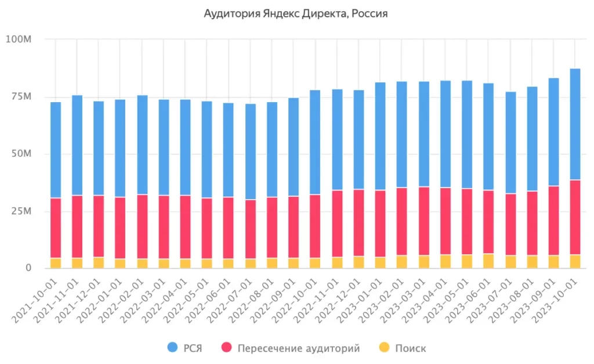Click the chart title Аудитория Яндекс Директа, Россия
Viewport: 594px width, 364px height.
(296, 13)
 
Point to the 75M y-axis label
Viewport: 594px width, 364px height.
(19, 96)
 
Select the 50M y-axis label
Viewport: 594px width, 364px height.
(19, 154)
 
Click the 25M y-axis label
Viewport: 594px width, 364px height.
(19, 211)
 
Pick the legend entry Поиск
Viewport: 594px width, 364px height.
(410, 348)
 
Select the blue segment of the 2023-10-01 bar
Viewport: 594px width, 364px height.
(575, 124)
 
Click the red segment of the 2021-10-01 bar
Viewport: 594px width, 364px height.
(56, 228)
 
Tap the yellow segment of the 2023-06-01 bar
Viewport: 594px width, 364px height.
(488, 261)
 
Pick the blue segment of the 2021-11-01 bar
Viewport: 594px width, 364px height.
(77, 145)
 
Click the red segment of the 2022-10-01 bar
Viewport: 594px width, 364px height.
(315, 226)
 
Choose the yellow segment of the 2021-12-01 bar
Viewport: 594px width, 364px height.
(99, 262)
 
